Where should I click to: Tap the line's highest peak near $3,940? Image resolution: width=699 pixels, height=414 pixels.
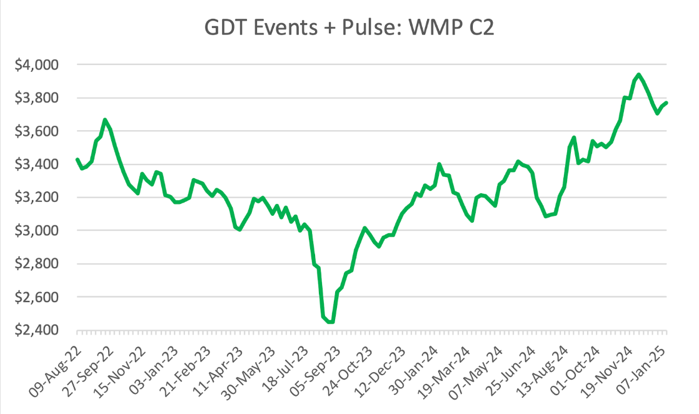coord(638,74)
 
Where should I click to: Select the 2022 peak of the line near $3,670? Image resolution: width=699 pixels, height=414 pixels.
coord(105,119)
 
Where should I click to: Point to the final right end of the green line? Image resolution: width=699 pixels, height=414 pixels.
coord(666,103)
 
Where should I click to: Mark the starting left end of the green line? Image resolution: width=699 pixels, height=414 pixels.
coord(77,159)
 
